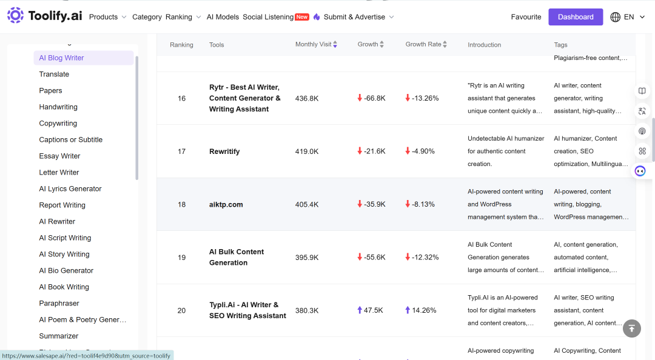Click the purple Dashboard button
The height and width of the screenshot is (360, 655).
click(575, 17)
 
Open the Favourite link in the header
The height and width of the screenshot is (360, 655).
click(526, 17)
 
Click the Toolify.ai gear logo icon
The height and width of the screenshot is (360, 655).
click(15, 15)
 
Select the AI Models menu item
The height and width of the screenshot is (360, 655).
click(223, 17)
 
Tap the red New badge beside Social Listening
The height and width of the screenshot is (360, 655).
click(302, 17)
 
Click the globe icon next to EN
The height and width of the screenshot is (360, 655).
click(616, 17)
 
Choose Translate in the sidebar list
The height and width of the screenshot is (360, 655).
click(54, 74)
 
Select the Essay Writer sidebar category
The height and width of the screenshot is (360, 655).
click(59, 156)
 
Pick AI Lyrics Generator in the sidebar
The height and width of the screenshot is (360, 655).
click(70, 188)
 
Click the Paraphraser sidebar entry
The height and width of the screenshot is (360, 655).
click(59, 303)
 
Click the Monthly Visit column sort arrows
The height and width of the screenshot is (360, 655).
click(335, 44)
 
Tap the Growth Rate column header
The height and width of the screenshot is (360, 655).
click(423, 44)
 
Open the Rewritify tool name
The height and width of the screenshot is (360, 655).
click(224, 151)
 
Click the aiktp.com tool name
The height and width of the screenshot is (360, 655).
click(226, 204)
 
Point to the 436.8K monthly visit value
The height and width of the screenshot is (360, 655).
click(307, 98)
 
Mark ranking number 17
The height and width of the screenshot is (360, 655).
click(181, 151)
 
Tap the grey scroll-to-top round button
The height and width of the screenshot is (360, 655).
click(631, 328)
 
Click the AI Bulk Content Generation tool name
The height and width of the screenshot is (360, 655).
click(237, 257)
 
